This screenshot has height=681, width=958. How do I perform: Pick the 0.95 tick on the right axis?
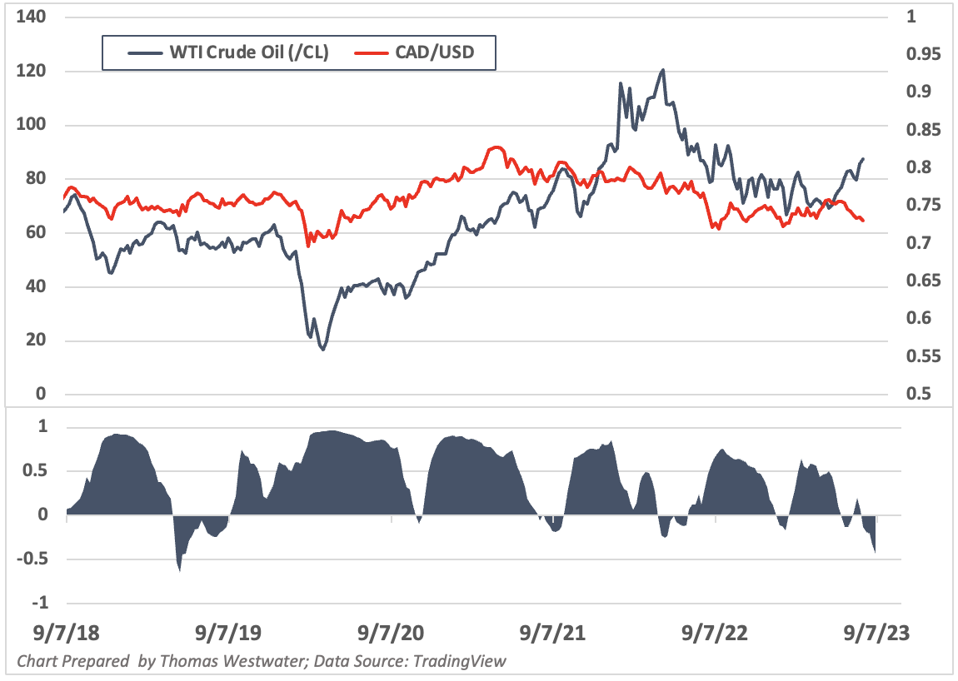pyautogui.click(x=921, y=54)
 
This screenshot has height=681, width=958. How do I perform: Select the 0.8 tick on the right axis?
pyautogui.click(x=917, y=167)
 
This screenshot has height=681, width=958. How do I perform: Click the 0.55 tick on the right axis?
pyautogui.click(x=921, y=356)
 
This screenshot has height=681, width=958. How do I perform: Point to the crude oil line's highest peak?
pyautogui.click(x=662, y=70)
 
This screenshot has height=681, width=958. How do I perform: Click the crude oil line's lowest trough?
pyautogui.click(x=322, y=349)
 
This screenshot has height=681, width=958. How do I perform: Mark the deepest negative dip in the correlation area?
pyautogui.click(x=179, y=569)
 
